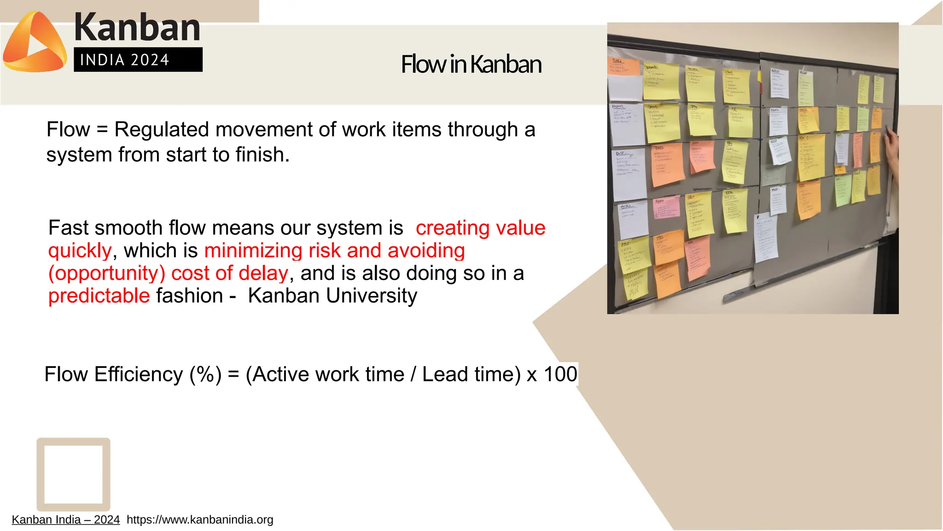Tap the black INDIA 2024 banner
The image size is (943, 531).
point(138,60)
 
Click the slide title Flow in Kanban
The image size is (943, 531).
point(471,64)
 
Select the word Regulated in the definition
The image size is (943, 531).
point(162,130)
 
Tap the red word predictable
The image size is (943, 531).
point(99,296)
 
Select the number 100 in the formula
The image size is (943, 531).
point(560,374)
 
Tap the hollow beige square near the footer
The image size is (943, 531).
point(74,474)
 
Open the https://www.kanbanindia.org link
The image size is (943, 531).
point(200,520)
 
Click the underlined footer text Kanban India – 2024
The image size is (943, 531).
point(65,520)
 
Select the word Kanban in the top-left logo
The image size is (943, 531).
point(137,28)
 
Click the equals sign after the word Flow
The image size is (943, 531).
point(102,130)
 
